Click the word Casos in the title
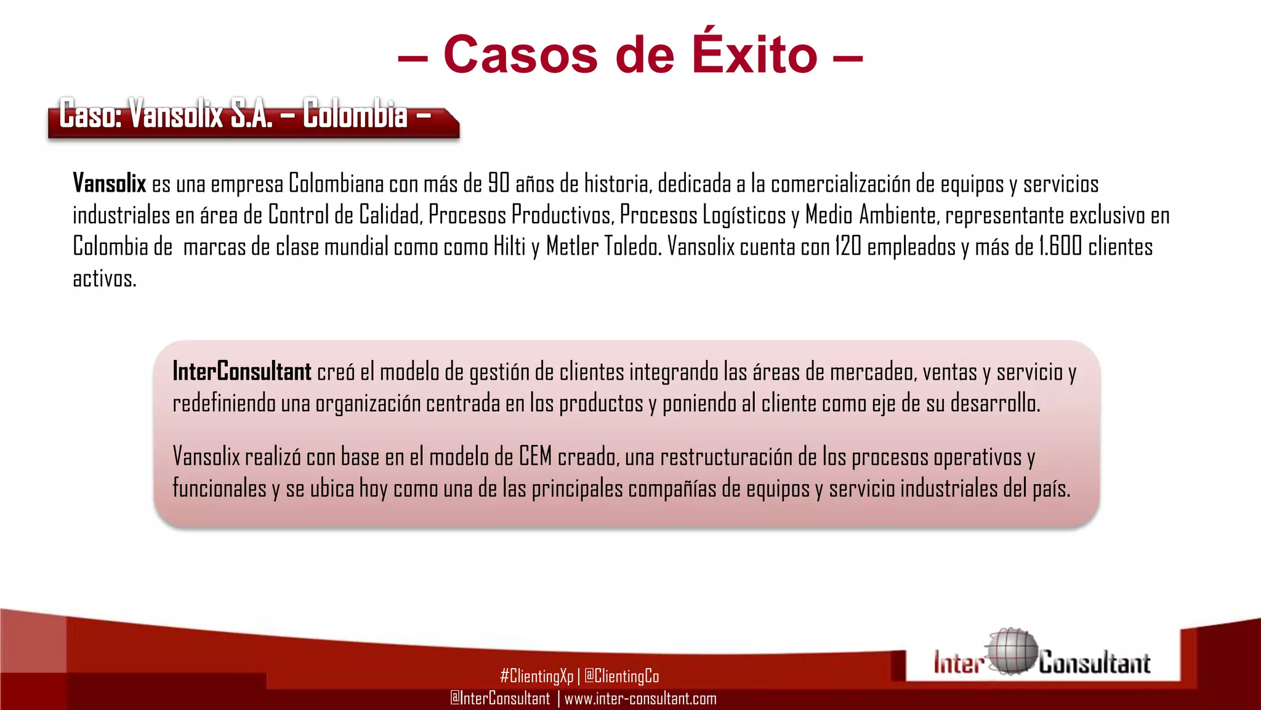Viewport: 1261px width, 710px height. [x=520, y=55]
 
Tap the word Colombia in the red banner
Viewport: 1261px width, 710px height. [x=355, y=115]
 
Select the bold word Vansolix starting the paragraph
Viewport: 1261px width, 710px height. [x=109, y=184]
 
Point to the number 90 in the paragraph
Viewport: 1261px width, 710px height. [x=499, y=184]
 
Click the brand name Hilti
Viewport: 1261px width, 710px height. [x=510, y=247]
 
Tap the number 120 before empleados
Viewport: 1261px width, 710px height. [x=848, y=247]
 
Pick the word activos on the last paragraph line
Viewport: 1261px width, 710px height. [x=104, y=279]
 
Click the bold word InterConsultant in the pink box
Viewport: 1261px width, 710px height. [x=241, y=372]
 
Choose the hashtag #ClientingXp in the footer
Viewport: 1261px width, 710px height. [x=536, y=676]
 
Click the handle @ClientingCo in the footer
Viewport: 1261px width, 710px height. [x=621, y=676]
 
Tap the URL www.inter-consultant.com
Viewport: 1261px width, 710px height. [x=640, y=698]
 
